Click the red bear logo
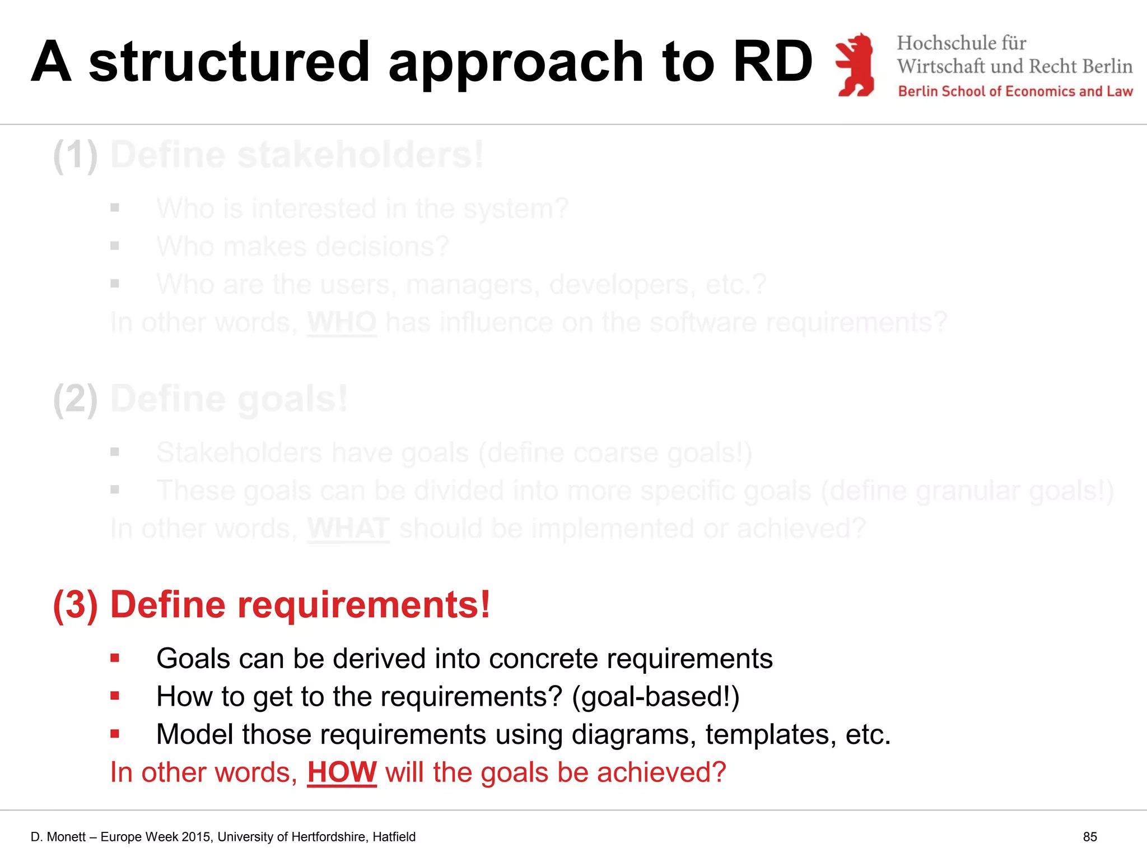pyautogui.click(x=855, y=64)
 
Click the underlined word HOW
pyautogui.click(x=342, y=772)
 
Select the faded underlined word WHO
pyautogui.click(x=342, y=323)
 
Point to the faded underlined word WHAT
pyautogui.click(x=348, y=529)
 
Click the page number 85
pyautogui.click(x=1089, y=837)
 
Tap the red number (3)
pyautogui.click(x=76, y=605)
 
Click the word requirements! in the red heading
pyautogui.click(x=364, y=605)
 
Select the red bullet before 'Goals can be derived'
pyautogui.click(x=115, y=658)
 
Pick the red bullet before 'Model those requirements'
pyautogui.click(x=115, y=734)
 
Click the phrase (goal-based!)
pyautogui.click(x=655, y=697)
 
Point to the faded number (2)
pyautogui.click(x=76, y=400)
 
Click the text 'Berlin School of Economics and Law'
pyautogui.click(x=1015, y=91)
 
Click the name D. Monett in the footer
pyautogui.click(x=58, y=837)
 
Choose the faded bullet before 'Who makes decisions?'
pyautogui.click(x=115, y=246)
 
